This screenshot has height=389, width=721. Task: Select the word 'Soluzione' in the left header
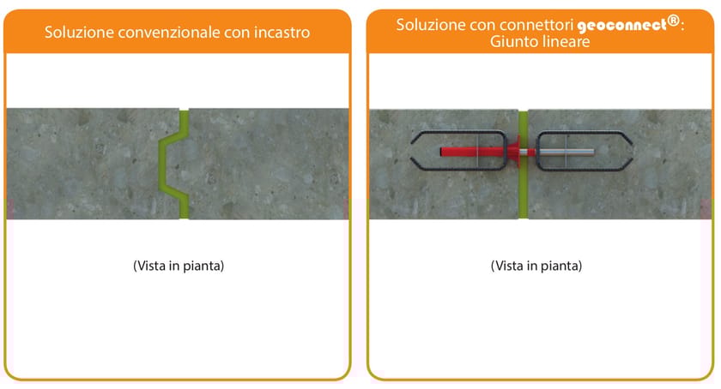[78, 33]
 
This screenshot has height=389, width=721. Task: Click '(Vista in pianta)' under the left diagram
[179, 266]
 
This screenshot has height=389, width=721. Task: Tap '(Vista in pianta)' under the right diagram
[536, 266]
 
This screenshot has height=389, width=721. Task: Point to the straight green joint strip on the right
[524, 189]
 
